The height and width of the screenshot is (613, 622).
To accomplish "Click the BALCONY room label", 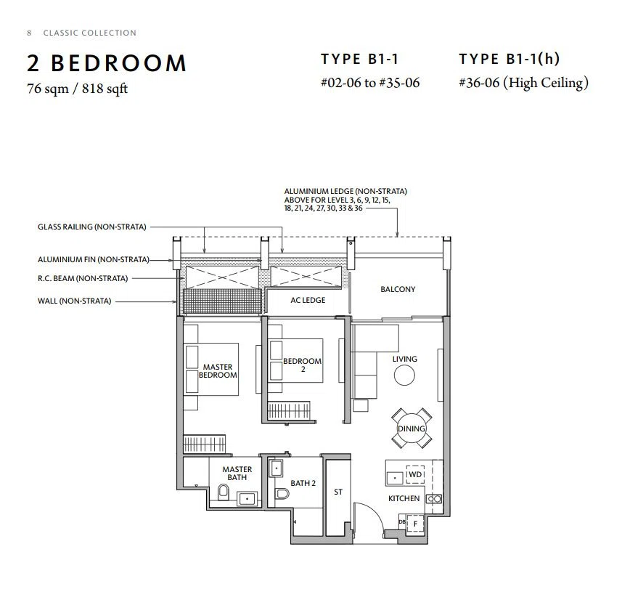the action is tap(398, 289).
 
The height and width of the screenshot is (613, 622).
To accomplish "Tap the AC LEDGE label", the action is tap(308, 300).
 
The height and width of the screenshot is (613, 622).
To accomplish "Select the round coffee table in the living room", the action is tap(404, 375).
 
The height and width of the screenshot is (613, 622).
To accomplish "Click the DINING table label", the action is tap(412, 429).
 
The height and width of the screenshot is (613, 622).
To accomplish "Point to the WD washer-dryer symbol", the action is tap(415, 474).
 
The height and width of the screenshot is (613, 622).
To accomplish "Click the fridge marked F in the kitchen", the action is tap(415, 524).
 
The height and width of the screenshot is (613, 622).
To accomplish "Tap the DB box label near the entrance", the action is tap(402, 521).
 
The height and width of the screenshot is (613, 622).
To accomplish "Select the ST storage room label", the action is tap(338, 492).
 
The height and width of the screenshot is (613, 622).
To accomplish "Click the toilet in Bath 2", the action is tap(282, 493).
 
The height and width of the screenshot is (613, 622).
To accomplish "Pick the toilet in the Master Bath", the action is tap(224, 492).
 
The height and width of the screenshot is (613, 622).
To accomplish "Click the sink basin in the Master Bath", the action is tap(247, 499).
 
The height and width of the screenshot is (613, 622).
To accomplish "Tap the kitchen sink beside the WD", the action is tap(395, 478).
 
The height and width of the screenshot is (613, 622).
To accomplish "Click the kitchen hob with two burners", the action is tap(433, 499).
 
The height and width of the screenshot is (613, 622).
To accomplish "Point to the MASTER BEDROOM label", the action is tap(218, 371).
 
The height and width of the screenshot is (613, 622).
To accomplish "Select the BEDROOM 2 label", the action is tap(302, 365).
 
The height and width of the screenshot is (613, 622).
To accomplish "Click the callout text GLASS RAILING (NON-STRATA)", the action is tap(92, 227).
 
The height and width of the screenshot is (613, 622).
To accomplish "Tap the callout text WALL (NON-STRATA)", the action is tap(75, 301).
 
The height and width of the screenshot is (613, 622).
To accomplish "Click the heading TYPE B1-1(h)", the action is tap(510, 59).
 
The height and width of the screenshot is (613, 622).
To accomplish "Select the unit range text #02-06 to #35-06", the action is tap(370, 83).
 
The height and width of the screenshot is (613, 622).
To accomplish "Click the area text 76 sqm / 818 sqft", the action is tap(78, 88).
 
